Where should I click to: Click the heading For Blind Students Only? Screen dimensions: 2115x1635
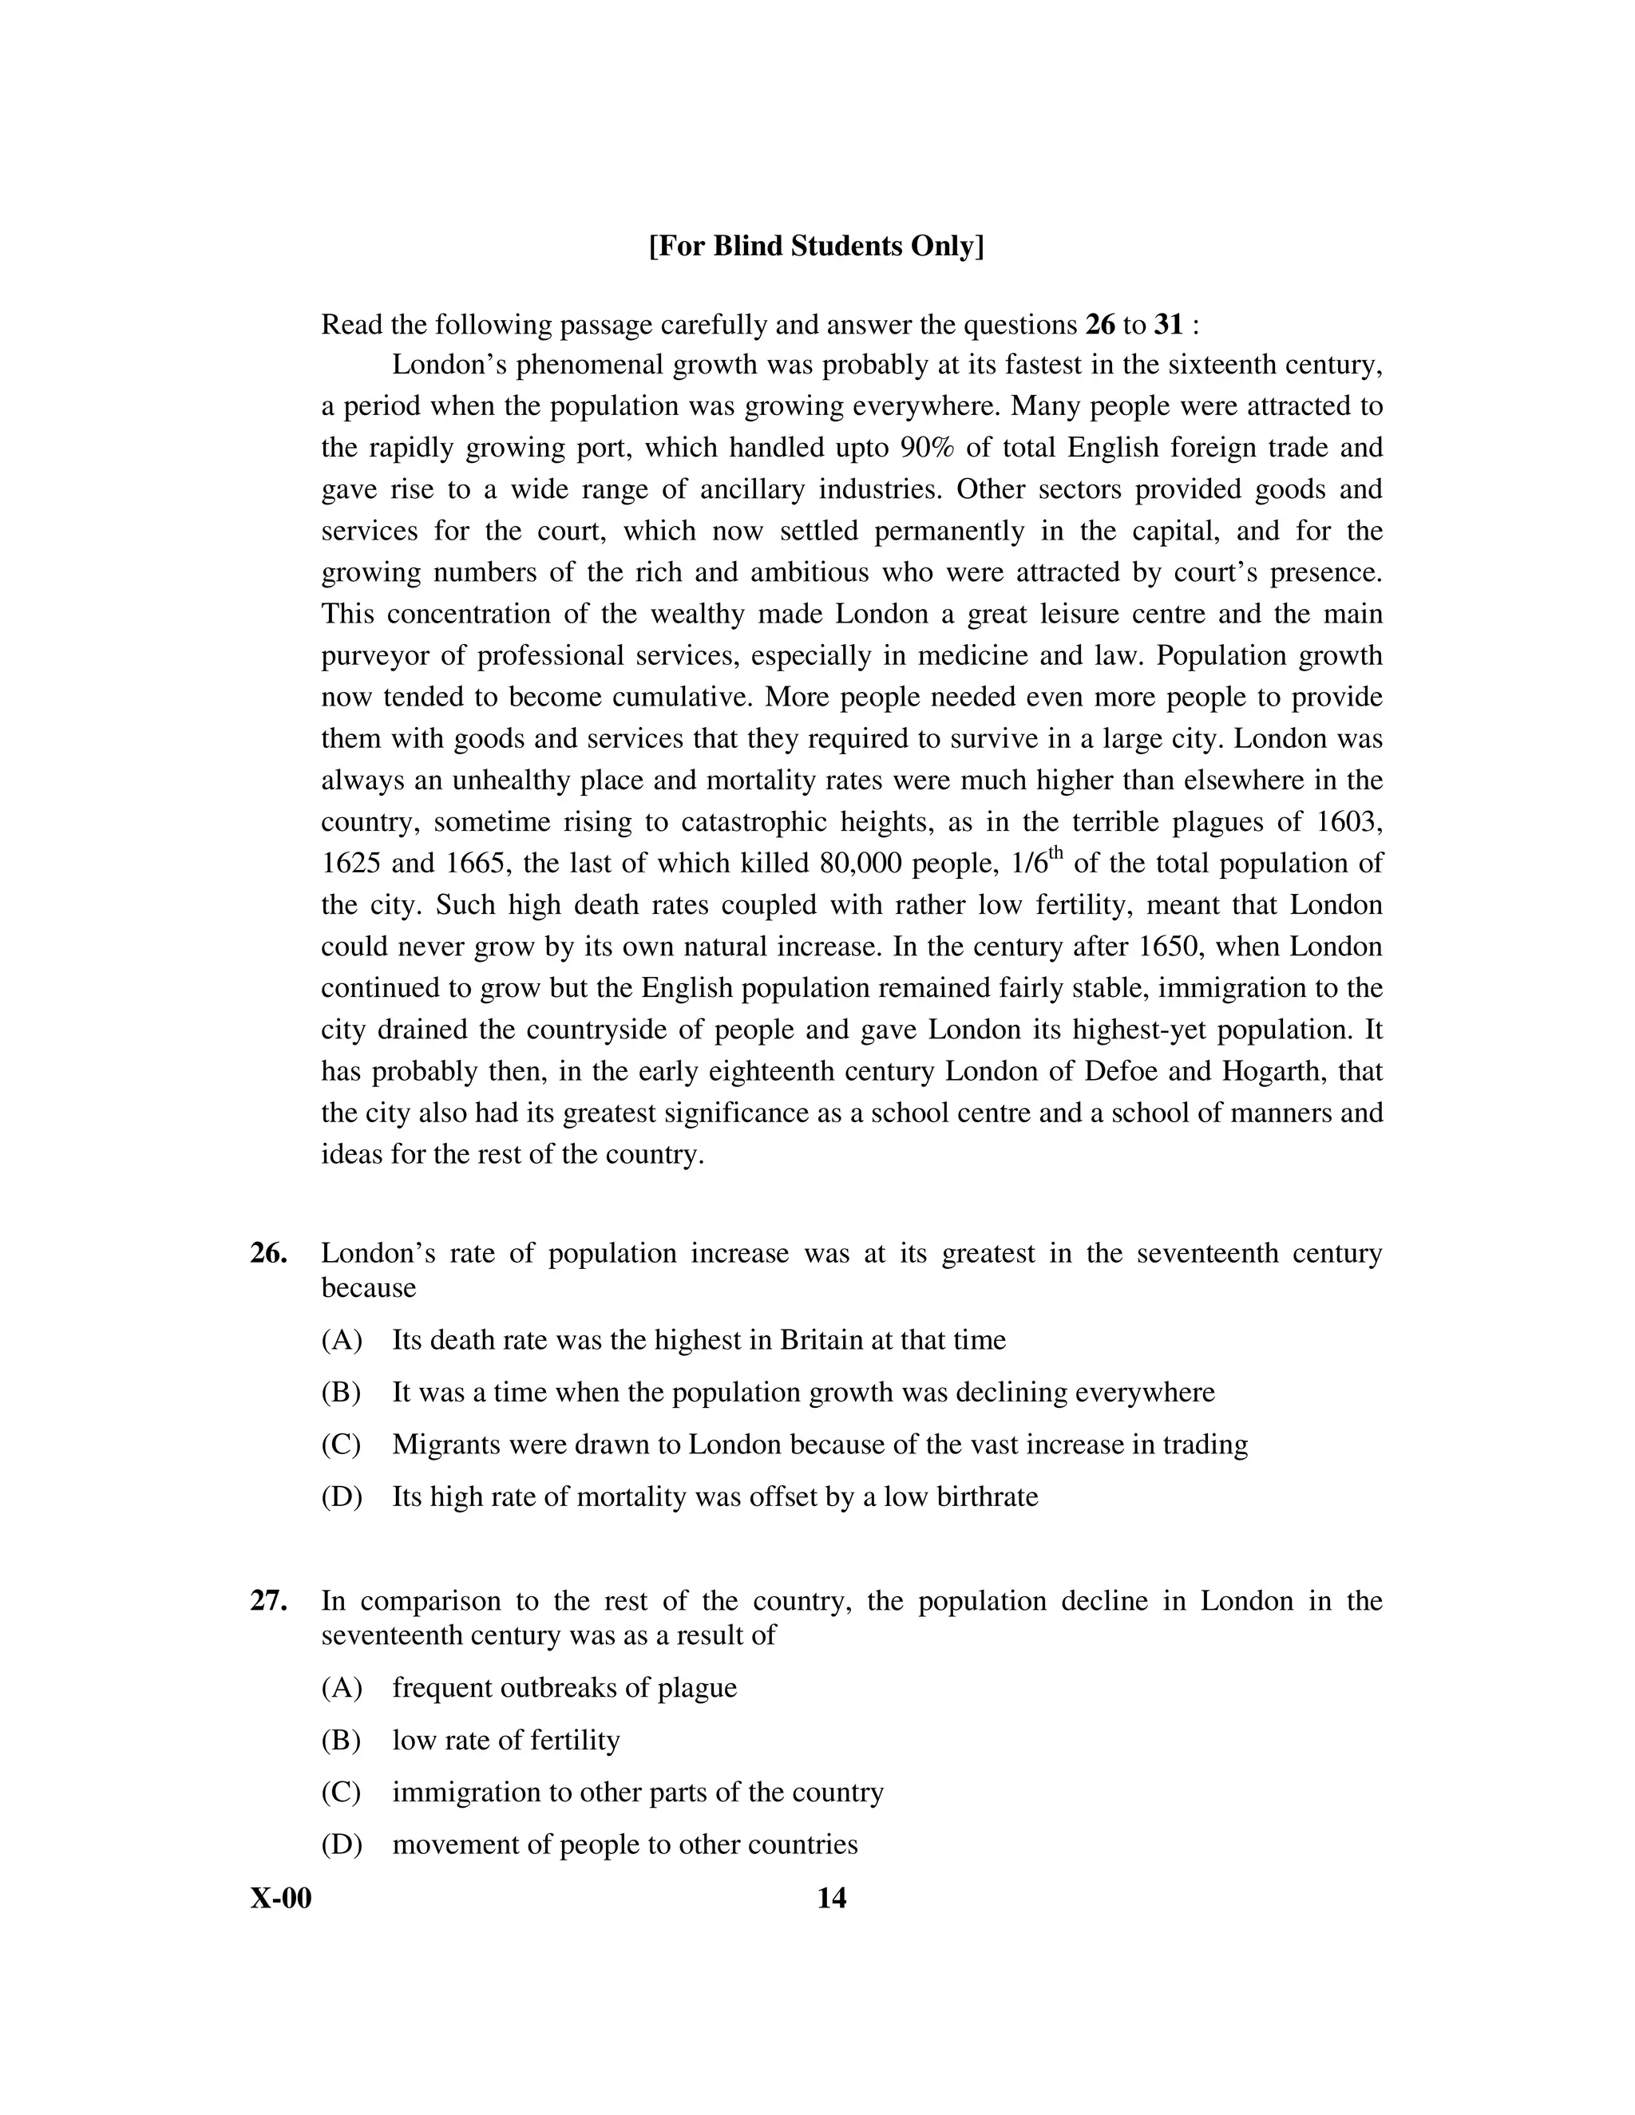click(817, 246)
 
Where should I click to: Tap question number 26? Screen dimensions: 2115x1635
click(268, 1253)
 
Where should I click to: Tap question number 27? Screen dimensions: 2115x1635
click(268, 1601)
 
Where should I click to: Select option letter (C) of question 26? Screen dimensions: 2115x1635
click(341, 1445)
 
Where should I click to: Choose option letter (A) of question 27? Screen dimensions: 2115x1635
click(341, 1688)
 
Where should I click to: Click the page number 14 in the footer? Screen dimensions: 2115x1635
click(831, 1898)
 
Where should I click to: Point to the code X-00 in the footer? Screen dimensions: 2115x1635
click(281, 1898)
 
